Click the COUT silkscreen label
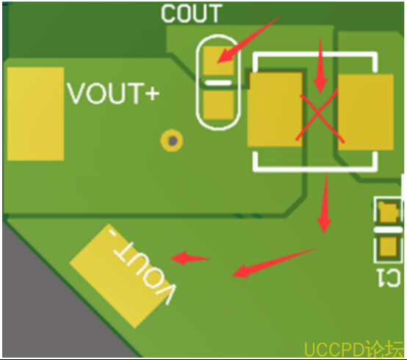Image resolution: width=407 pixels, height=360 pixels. coord(192,13)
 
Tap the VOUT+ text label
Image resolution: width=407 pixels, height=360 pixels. coord(113,93)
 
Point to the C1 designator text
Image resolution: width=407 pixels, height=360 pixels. coord(389,278)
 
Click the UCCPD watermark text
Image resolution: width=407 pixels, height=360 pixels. coord(353,349)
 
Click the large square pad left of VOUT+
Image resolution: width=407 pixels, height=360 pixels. coord(36,114)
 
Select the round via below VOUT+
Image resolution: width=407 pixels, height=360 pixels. coord(172,140)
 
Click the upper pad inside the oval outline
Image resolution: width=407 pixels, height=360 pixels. coord(218,61)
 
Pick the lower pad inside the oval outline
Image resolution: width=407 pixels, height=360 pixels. coord(218,105)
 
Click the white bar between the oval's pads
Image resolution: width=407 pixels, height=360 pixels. coord(218,83)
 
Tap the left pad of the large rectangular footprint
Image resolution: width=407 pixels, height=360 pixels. coord(275,109)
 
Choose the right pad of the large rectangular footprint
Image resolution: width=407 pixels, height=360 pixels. coord(365,112)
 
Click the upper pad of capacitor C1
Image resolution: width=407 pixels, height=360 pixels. coord(389,212)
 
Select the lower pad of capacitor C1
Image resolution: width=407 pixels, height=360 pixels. coord(389,246)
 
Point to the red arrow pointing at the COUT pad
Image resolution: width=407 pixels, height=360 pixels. coord(250,38)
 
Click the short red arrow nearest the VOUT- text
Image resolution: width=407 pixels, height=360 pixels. coord(190,258)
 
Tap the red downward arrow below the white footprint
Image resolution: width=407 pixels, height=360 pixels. coord(325,204)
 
